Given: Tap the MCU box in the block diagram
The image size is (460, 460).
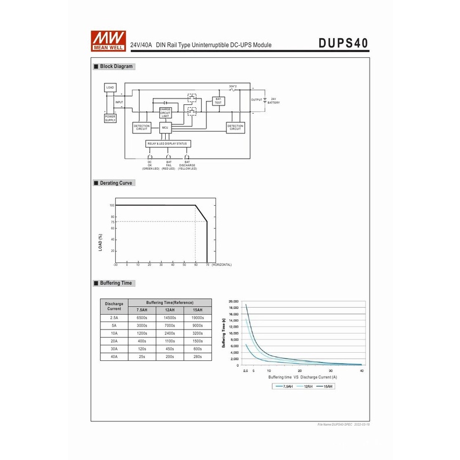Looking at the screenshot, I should pyautogui.click(x=165, y=127).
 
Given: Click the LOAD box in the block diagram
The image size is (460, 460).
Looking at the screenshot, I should pyautogui.click(x=110, y=87).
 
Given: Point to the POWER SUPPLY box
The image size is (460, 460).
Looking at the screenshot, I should pyautogui.click(x=110, y=118).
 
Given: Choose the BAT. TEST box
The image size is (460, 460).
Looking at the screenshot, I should pyautogui.click(x=218, y=101).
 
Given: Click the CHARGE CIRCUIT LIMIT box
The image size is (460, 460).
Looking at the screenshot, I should pyautogui.click(x=165, y=112).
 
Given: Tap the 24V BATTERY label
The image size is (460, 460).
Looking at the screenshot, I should pyautogui.click(x=273, y=101).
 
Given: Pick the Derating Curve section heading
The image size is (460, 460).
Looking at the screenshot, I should pyautogui.click(x=116, y=183).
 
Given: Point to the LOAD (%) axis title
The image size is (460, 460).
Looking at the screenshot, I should pyautogui.click(x=100, y=243).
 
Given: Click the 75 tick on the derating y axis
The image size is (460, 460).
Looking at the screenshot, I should pyautogui.click(x=112, y=222).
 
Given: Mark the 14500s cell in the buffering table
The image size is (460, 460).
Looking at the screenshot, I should pyautogui.click(x=170, y=317).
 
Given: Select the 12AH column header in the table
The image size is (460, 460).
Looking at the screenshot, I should pyautogui.click(x=170, y=310).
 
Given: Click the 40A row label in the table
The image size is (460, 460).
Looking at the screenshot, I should pyautogui.click(x=114, y=357).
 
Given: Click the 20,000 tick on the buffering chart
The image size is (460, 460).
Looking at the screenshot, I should pyautogui.click(x=234, y=302).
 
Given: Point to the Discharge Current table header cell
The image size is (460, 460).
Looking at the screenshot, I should pyautogui.click(x=114, y=306).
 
